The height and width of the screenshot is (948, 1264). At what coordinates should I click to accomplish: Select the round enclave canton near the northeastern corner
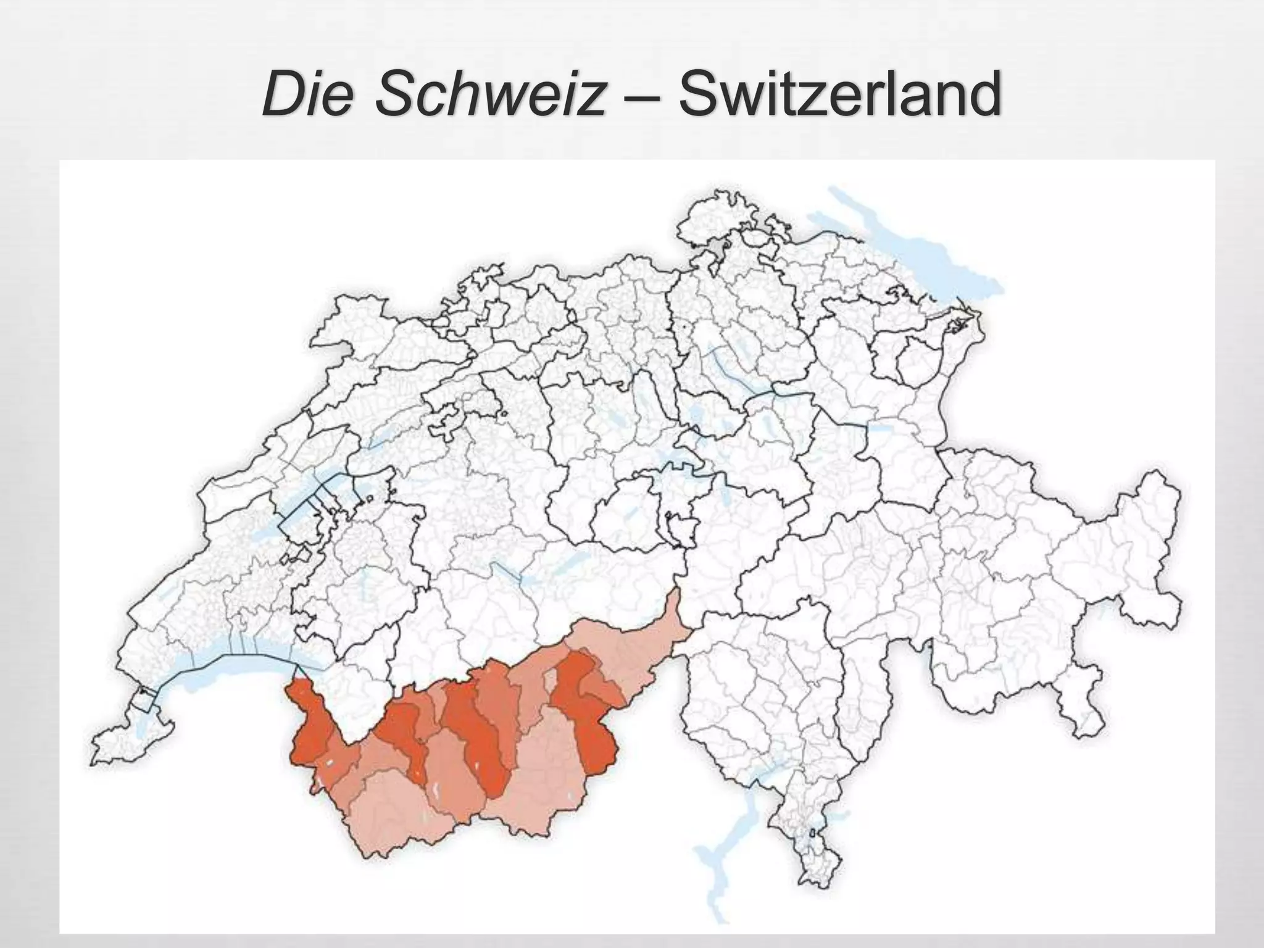920,364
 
